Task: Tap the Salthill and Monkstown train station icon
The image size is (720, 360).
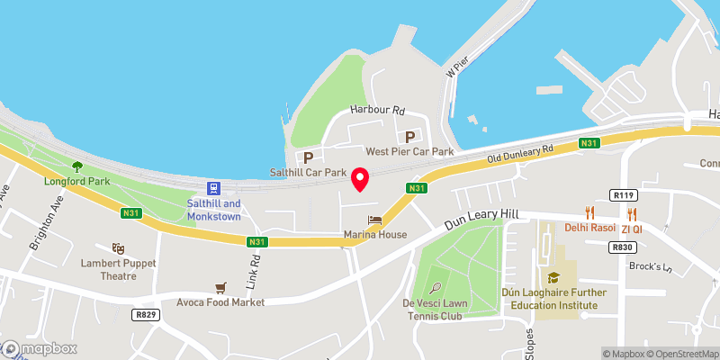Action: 214,189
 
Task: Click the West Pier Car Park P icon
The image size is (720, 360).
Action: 410,137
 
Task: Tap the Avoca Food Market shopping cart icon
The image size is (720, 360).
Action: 220,288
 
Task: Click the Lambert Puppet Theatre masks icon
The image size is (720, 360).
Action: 117,248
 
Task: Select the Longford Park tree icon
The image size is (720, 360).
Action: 76,166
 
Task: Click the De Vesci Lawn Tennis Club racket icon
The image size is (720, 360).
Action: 436,288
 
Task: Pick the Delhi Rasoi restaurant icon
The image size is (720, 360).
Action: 590,212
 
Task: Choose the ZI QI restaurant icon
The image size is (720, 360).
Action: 633,213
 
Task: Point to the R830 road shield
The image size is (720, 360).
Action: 622,247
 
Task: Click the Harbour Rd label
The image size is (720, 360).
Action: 376,111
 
